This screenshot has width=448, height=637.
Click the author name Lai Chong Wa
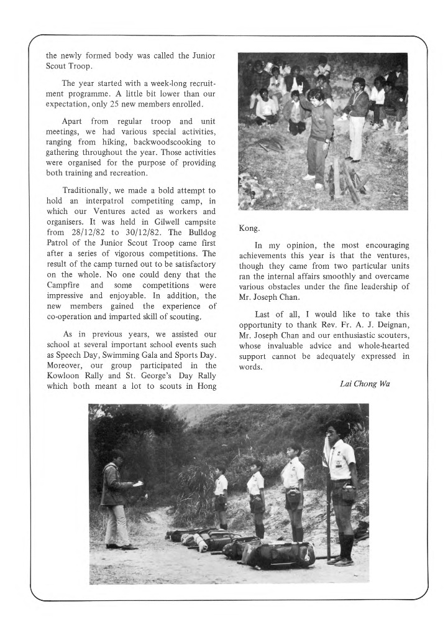click(x=365, y=383)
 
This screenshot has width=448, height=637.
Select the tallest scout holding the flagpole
click(x=341, y=491)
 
